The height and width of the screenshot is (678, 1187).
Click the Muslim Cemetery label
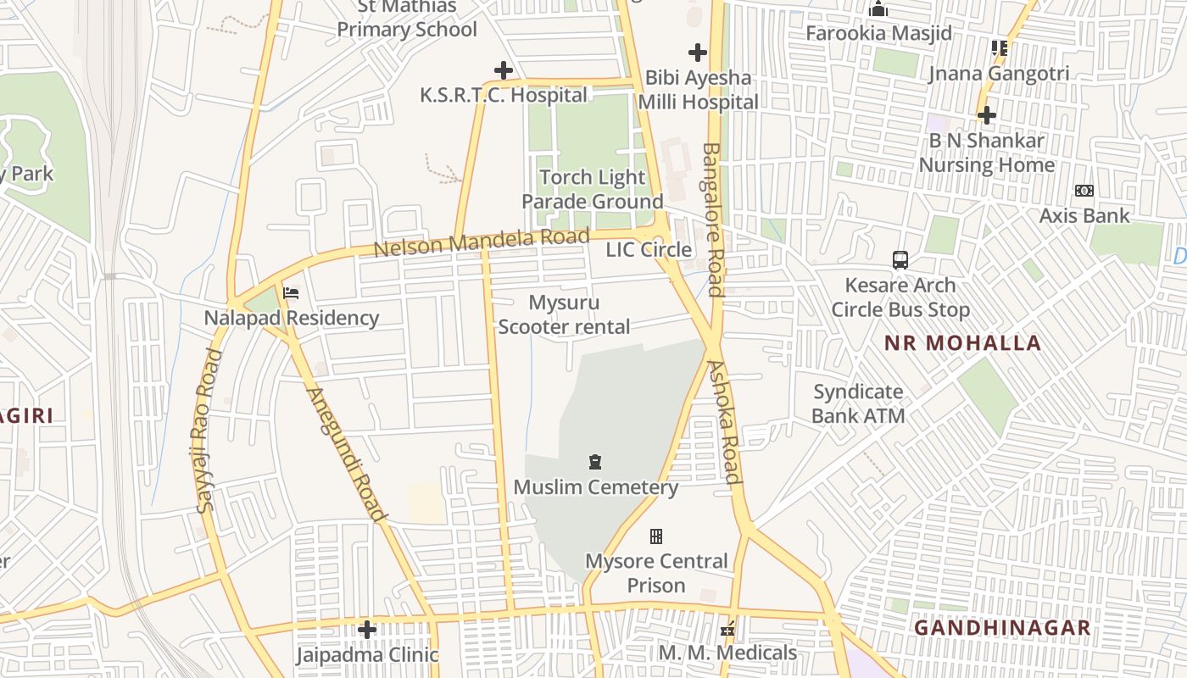click(595, 487)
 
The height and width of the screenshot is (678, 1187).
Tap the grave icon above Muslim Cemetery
click(595, 462)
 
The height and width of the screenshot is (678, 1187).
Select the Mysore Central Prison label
click(656, 573)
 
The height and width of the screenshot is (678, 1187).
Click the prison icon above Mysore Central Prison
click(655, 536)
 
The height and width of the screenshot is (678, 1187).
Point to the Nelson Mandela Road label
click(481, 242)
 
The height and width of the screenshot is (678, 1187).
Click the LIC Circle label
click(649, 249)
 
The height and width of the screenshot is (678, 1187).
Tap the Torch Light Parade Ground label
click(592, 189)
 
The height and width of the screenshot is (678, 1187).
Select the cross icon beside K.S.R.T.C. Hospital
click(504, 69)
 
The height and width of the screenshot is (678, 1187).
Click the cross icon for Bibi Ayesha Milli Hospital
click(697, 53)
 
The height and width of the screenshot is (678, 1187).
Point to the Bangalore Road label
click(712, 219)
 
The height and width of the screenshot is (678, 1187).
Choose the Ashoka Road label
click(726, 421)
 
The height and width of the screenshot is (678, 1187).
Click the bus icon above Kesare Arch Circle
click(900, 260)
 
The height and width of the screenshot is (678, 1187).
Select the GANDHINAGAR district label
click(1002, 628)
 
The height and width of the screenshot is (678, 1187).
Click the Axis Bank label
click(1084, 215)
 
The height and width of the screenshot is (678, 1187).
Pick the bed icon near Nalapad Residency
click(291, 293)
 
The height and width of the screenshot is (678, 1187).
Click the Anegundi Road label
click(346, 454)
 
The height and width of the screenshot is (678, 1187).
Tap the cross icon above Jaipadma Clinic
click(367, 629)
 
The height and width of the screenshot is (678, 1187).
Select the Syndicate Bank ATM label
click(858, 403)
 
